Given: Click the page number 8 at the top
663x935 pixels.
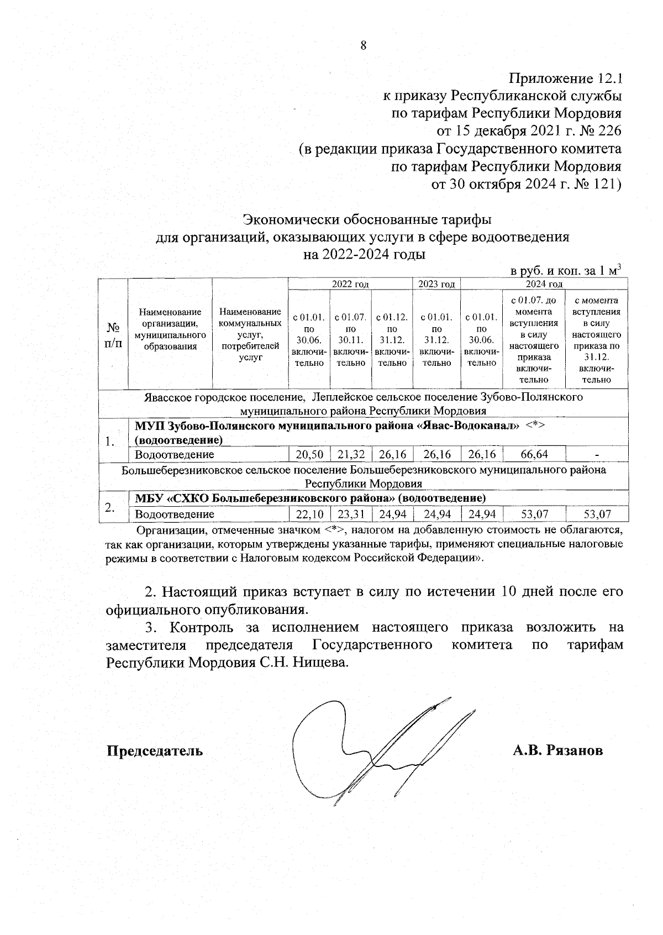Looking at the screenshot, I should coord(363,46).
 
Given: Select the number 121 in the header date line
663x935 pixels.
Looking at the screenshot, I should coord(604,184).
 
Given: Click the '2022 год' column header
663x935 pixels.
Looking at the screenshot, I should coord(350,284).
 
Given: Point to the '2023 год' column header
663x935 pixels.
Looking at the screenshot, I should coord(436,284).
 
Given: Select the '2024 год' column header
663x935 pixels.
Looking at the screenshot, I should coord(544,284).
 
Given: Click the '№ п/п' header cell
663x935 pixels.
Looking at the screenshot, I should coord(113,334).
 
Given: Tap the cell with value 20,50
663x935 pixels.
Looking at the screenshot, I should coord(309,455).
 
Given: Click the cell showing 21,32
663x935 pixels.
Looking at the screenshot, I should coord(351,455).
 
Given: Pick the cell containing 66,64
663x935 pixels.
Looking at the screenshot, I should coord(534,455).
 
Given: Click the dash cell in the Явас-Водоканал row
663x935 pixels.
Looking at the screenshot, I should coord(597,455).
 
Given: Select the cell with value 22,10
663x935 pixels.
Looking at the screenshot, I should coord(309,514).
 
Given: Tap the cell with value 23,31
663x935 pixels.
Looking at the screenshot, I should coord(351,514).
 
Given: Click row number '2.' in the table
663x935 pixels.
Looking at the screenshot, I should coord(110,507).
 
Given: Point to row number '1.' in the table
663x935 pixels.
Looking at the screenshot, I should coord(110,441).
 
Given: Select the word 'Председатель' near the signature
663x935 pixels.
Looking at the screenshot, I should coord(154,751).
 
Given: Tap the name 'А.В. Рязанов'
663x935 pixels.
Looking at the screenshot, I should coord(557,751).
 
